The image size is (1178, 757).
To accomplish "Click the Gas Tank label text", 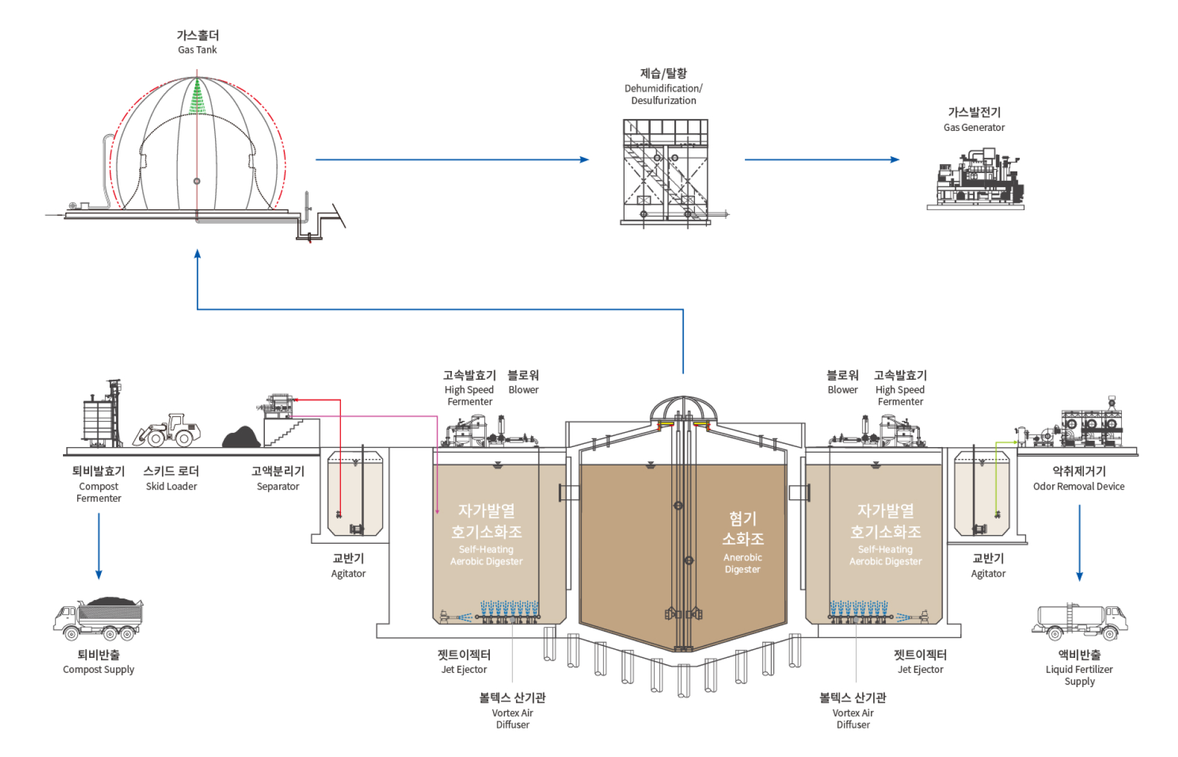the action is (x=197, y=50).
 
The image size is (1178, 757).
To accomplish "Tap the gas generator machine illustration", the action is (x=975, y=179).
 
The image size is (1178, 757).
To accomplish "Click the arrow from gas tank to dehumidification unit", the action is (x=452, y=160).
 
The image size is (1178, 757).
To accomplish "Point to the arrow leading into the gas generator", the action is (x=822, y=160).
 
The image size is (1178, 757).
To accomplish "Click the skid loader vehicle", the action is (x=167, y=430).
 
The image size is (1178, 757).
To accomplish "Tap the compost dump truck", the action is (x=98, y=619).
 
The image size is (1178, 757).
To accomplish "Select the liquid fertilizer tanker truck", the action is (x=1080, y=622).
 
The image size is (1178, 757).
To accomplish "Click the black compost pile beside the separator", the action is (x=242, y=437).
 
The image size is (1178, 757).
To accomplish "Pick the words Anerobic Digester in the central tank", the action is (x=742, y=563).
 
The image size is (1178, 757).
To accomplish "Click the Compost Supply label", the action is (x=98, y=670).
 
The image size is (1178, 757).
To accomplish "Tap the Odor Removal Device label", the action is (x=1079, y=486).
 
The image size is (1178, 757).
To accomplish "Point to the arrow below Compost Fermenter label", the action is (x=98, y=546).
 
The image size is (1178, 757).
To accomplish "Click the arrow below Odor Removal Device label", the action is (x=1080, y=543).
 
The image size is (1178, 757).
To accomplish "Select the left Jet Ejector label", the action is (x=464, y=670).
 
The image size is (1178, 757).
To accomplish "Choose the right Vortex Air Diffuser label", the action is (x=853, y=718).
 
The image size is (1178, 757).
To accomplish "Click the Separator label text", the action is (x=278, y=486).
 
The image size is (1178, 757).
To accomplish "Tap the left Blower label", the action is (x=524, y=390).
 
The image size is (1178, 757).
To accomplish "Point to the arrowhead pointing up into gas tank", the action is (x=198, y=254).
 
